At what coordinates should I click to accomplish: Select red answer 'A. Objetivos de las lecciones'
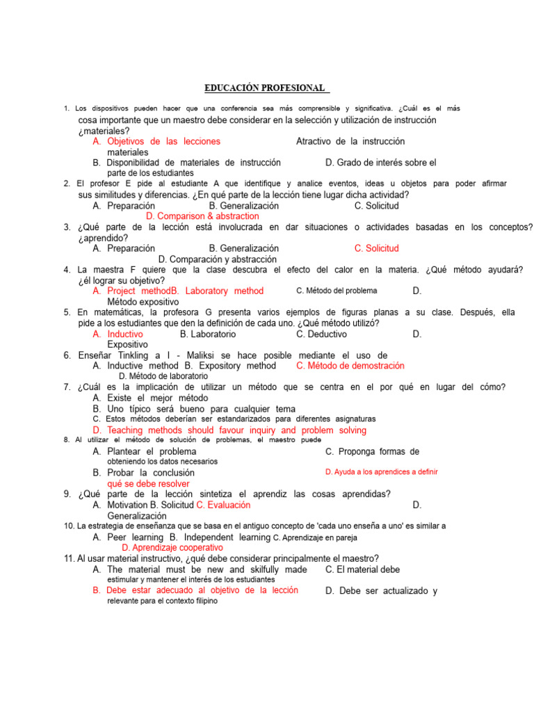(x=156, y=141)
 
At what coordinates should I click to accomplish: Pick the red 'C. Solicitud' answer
(x=376, y=248)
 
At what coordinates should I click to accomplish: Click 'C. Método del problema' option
(x=337, y=291)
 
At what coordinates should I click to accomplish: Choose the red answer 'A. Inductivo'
(x=118, y=334)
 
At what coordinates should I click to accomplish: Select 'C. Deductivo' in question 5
(x=321, y=334)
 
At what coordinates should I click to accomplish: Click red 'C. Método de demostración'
(x=350, y=366)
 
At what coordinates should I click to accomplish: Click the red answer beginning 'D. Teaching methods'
(x=229, y=430)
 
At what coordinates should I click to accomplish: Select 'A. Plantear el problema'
(x=144, y=451)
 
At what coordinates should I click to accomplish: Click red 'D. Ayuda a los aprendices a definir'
(x=381, y=472)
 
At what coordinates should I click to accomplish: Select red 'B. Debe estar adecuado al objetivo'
(x=195, y=590)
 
